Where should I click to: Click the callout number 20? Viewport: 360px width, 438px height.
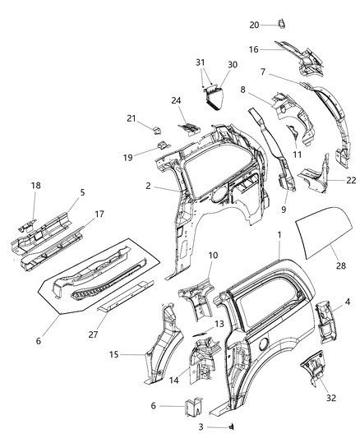point(254,25)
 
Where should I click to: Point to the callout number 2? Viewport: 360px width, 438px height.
point(147,187)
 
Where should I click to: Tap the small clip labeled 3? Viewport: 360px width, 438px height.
point(233,426)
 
